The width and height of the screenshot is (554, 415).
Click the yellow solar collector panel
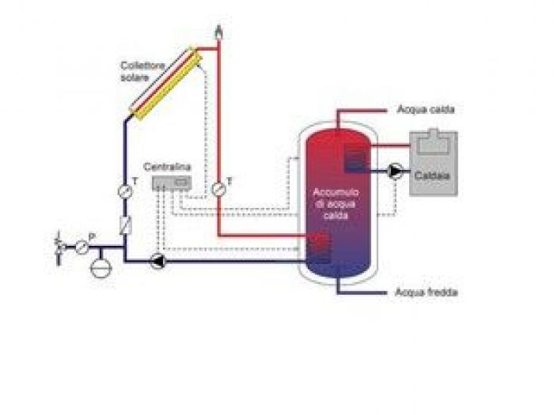(167, 82)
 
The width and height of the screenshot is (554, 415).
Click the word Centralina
(163, 168)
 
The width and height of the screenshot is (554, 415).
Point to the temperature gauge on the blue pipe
(125, 191)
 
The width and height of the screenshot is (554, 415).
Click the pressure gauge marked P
(82, 246)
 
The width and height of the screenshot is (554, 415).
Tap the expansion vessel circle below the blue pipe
(102, 267)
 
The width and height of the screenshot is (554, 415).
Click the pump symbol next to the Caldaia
(395, 171)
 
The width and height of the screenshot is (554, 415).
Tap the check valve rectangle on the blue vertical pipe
(125, 224)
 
